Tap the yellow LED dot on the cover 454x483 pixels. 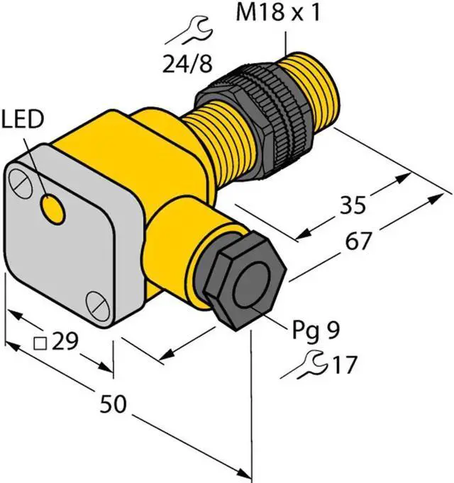[x=52, y=208]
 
